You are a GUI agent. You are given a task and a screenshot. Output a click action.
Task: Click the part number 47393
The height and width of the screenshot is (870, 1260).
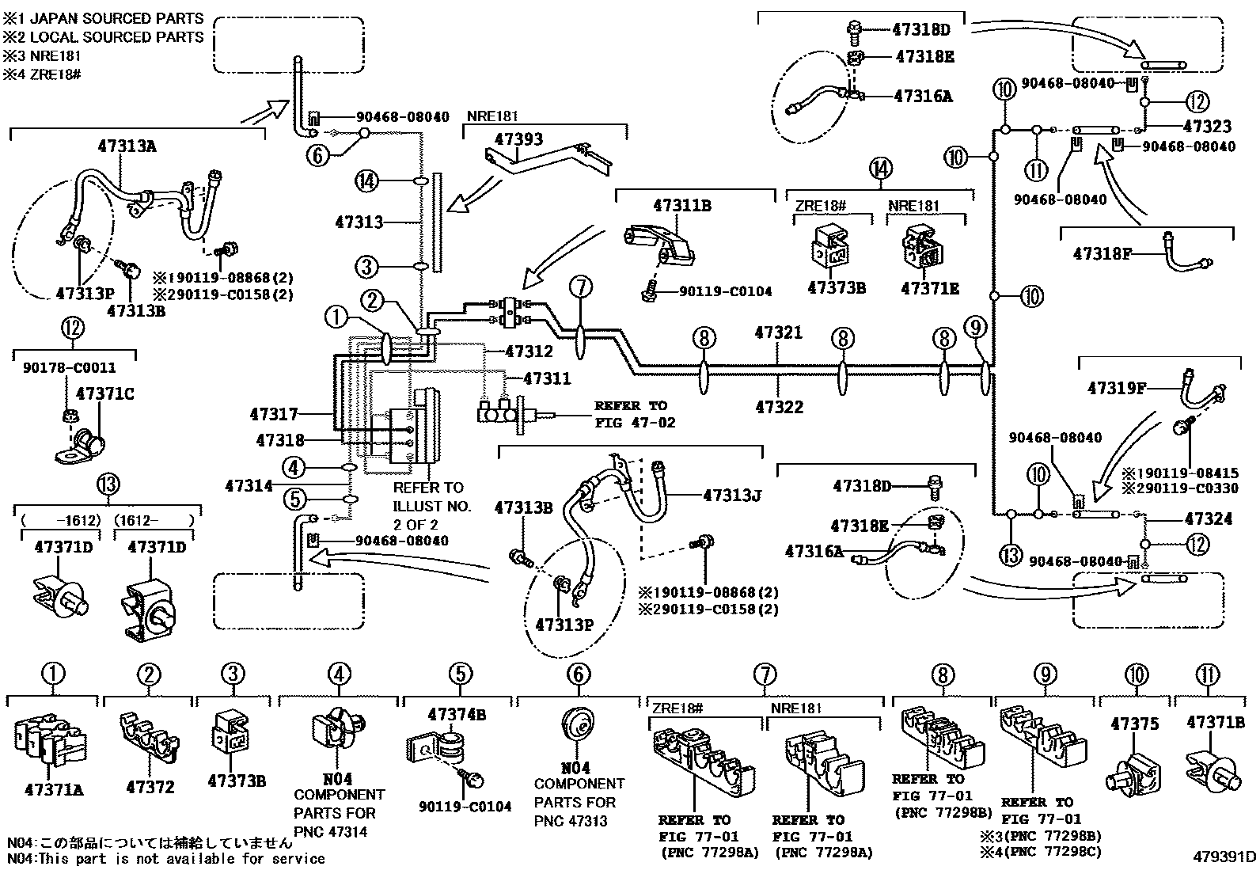[518, 140]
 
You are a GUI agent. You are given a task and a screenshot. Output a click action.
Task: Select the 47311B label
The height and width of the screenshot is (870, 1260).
[681, 206]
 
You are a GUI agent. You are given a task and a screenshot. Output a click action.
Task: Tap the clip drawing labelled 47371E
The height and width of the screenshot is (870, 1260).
[921, 249]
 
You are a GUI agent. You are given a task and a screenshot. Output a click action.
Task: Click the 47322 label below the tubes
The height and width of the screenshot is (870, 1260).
[779, 407]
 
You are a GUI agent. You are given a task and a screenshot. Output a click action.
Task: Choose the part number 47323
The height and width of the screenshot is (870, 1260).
[1207, 127]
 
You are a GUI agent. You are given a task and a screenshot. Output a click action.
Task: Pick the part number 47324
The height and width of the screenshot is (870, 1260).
[1208, 519]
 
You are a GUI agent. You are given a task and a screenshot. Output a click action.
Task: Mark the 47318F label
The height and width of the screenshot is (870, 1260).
[1102, 253]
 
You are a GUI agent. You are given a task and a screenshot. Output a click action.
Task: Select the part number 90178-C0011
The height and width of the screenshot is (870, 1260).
[70, 368]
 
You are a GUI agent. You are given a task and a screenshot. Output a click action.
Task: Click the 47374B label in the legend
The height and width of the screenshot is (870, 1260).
[456, 715]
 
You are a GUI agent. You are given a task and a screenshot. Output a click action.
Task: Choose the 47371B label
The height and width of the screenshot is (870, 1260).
[1215, 722]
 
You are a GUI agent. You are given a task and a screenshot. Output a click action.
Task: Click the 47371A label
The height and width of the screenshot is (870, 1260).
[54, 789]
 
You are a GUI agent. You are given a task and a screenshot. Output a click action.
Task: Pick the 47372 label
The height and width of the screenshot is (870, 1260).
[150, 787]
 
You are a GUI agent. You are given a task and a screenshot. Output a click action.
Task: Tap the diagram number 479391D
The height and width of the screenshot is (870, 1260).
[1225, 857]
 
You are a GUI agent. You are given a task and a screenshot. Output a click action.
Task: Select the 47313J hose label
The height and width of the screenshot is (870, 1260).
[731, 496]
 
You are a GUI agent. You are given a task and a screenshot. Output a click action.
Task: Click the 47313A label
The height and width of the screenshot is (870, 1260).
[127, 146]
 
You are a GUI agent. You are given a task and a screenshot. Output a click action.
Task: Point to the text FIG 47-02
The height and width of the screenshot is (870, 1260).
[636, 423]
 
